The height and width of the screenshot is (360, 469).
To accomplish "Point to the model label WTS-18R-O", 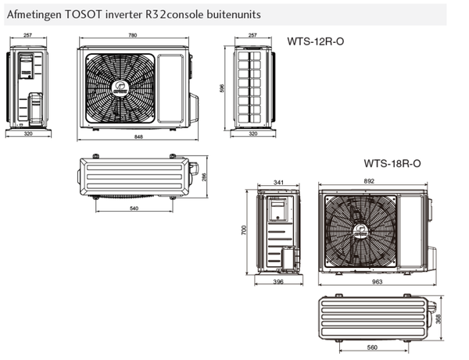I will (392, 164).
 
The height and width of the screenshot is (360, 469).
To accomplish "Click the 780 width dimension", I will (135, 36).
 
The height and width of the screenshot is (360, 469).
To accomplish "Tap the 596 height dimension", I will (223, 89).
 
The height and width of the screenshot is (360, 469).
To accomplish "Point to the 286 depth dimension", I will (205, 178).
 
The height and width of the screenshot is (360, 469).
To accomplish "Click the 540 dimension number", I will (134, 208).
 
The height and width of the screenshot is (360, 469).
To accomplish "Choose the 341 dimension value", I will (280, 183).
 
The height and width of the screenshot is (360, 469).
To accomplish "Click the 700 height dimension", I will (244, 232).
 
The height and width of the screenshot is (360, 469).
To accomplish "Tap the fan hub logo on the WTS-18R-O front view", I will (360, 230).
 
